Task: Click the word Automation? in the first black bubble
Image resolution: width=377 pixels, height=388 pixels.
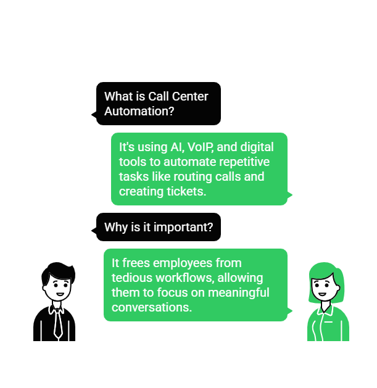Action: pos(139,111)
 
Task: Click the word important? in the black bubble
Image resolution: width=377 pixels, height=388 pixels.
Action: pos(183,228)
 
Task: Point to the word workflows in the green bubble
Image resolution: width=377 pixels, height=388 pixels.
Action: pos(185,278)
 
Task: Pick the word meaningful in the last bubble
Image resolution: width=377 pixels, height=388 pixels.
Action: pos(238,293)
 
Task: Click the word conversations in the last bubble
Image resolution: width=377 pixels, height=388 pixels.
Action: pos(152,307)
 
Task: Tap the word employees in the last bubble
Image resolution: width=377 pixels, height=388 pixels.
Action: pos(183,263)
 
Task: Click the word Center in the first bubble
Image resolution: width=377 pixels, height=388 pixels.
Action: pos(190,96)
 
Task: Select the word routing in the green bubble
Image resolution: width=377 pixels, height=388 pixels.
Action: pos(193,177)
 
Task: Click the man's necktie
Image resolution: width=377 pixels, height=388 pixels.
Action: pos(58,324)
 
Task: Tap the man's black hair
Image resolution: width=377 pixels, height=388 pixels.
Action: pos(59,271)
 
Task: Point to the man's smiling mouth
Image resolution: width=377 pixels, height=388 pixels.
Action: pos(60,294)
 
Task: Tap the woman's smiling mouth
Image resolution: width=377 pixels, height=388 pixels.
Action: pos(322,294)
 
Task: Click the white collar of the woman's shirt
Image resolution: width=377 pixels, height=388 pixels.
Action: pos(325,310)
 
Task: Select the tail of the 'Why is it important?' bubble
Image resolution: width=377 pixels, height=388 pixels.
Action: pos(94,231)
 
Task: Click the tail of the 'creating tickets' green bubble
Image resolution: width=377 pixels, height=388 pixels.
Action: pos(289,195)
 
